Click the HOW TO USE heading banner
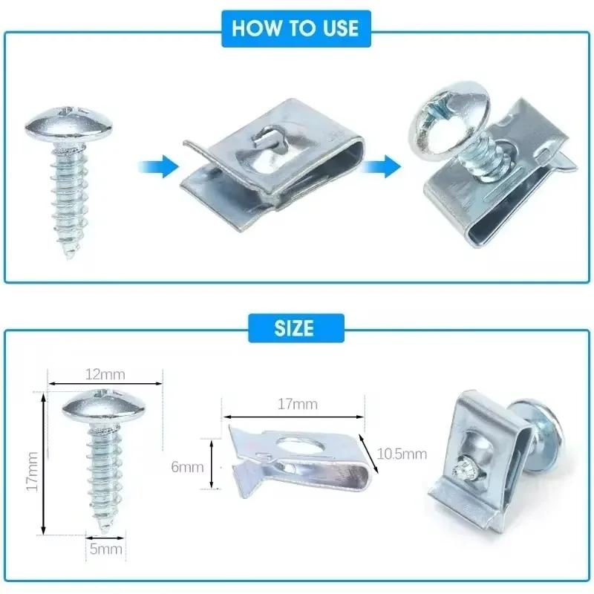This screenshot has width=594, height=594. tap(296, 28)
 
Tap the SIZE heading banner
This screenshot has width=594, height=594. tap(296, 327)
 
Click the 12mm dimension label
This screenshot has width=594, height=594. tap(105, 373)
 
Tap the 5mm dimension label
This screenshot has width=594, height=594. tap(106, 549)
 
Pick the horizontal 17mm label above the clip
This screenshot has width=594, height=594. tap(296, 405)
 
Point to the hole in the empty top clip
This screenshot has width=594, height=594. tap(266, 137)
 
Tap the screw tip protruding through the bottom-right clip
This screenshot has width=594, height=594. tap(458, 469)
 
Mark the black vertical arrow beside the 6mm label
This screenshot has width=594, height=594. tap(212, 464)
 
